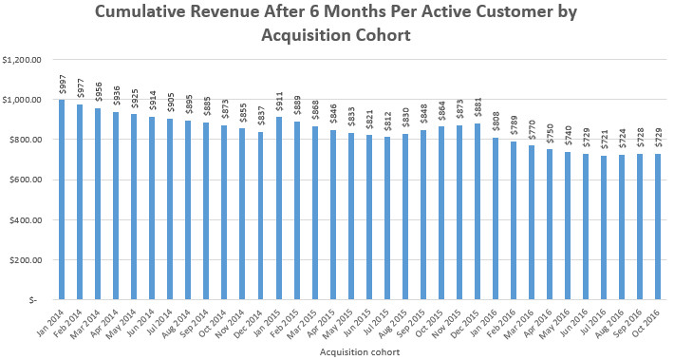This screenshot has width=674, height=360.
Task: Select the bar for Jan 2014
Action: click(62, 199)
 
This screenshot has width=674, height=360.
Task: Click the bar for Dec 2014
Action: click(260, 216)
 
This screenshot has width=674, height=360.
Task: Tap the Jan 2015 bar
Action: click(278, 208)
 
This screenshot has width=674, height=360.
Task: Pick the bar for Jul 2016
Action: click(604, 228)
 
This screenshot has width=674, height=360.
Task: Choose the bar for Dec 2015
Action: click(477, 212)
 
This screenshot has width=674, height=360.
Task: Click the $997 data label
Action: click(62, 86)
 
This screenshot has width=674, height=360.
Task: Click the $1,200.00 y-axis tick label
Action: click(22, 60)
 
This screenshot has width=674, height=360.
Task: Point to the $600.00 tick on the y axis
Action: click(25, 180)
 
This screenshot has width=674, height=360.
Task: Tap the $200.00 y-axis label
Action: click(25, 259)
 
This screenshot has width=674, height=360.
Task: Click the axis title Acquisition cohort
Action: click(360, 352)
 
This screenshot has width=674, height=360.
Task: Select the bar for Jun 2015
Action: click(369, 218)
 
